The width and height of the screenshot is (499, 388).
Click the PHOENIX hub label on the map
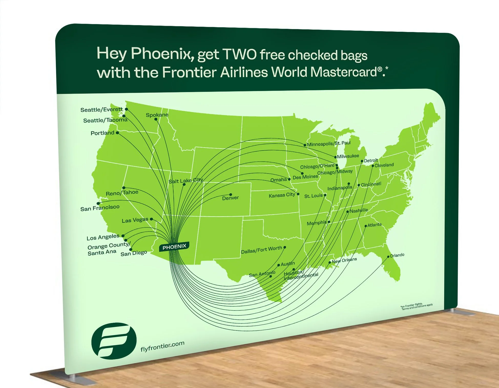[x=174, y=247]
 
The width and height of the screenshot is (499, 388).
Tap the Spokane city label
[x=157, y=115]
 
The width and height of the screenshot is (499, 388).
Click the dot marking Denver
[x=231, y=195]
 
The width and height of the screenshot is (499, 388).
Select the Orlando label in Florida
[x=397, y=255]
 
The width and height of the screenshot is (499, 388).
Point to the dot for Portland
[x=117, y=133]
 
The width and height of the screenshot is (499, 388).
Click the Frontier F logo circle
[x=114, y=341]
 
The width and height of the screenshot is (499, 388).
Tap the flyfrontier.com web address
[x=162, y=346]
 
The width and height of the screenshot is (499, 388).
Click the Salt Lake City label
[x=186, y=181]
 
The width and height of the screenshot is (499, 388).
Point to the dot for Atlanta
[x=366, y=226]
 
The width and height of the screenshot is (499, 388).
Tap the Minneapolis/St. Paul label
[x=329, y=143]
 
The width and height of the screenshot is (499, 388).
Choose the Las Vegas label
[x=135, y=220]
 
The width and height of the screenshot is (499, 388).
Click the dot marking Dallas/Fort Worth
[x=285, y=247]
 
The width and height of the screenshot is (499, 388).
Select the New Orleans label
[x=344, y=260]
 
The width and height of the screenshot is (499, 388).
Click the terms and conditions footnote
[x=417, y=306]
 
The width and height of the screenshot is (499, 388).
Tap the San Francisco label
[x=100, y=208]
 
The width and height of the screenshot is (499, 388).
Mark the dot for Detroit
[x=362, y=161]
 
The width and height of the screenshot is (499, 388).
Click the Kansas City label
[x=282, y=195]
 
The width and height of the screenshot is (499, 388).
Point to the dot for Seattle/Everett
[x=126, y=109]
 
